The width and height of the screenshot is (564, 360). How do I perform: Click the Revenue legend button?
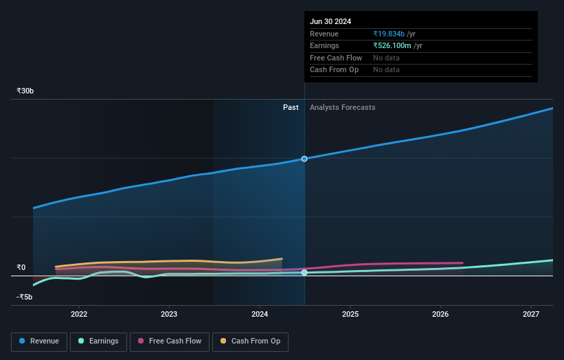pyautogui.click(x=39, y=341)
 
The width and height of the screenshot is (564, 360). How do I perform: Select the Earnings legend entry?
pyautogui.click(x=98, y=341)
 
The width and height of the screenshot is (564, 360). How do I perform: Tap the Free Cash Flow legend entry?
pyautogui.click(x=170, y=341)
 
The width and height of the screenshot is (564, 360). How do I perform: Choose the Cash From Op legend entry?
pyautogui.click(x=251, y=341)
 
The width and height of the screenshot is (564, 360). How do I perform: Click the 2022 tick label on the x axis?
pyautogui.click(x=79, y=315)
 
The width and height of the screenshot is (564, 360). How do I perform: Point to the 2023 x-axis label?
pyautogui.click(x=169, y=315)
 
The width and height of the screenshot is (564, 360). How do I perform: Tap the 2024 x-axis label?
pyautogui.click(x=260, y=315)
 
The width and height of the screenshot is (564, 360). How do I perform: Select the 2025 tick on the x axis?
pyautogui.click(x=350, y=315)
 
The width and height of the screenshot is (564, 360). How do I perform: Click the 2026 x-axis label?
pyautogui.click(x=440, y=315)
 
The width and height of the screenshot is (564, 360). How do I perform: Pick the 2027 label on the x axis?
pyautogui.click(x=531, y=315)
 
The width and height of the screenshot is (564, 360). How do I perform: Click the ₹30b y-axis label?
pyautogui.click(x=25, y=91)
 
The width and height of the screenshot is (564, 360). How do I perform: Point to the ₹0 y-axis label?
pyautogui.click(x=21, y=268)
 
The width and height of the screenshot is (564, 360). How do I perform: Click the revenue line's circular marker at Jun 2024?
pyautogui.click(x=304, y=159)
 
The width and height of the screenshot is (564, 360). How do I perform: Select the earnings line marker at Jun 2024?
pyautogui.click(x=304, y=273)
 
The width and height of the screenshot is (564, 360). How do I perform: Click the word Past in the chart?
pyautogui.click(x=291, y=107)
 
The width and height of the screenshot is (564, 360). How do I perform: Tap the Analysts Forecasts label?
pyautogui.click(x=343, y=107)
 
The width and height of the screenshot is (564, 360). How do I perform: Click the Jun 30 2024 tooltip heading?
pyautogui.click(x=330, y=21)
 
